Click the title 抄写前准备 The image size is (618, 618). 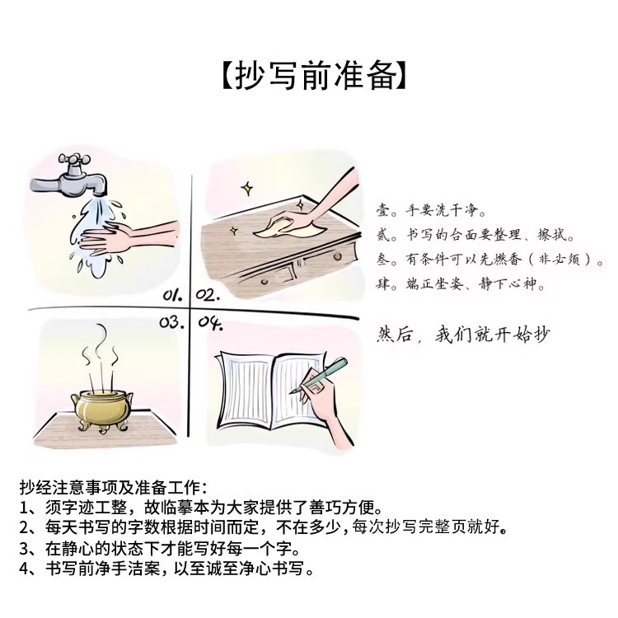313,75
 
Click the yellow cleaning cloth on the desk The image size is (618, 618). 290,227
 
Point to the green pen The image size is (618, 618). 319,375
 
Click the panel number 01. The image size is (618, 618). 173,294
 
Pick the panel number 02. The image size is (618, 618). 208,294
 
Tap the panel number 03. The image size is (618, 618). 172,322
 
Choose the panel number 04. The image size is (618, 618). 210,323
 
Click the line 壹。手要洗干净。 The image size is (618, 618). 431,210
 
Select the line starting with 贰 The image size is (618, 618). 475,235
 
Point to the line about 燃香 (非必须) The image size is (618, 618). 489,260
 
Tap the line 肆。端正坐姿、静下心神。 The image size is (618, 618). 460,283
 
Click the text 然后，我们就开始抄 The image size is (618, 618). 463,335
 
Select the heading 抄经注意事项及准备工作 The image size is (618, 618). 114,487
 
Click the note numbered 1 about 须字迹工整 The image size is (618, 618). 201,508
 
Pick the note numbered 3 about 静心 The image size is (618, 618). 160,548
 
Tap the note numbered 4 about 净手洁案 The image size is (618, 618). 166,569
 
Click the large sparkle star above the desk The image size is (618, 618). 247,189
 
